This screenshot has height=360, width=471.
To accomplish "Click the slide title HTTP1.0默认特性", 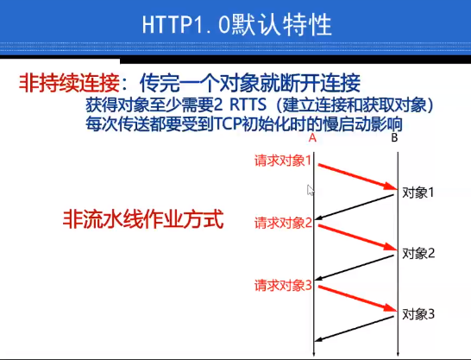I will (x=235, y=26).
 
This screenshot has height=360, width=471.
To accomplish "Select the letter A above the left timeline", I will (x=312, y=138).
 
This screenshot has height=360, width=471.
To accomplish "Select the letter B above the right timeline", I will (x=394, y=138).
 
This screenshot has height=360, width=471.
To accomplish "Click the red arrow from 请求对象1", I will (x=355, y=174).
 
